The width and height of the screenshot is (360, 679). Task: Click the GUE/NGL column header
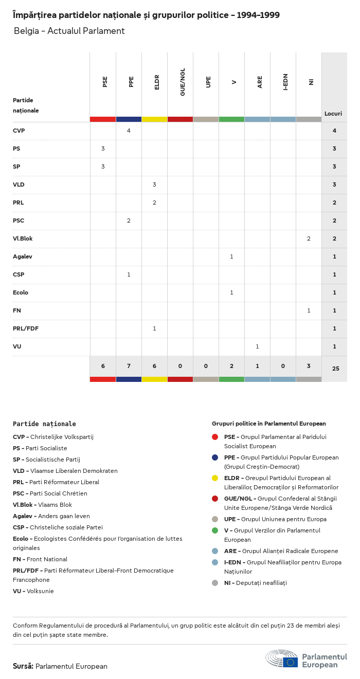coord(183,82)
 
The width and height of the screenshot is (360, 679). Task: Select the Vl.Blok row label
coord(23,238)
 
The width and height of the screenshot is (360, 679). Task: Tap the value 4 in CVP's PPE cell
coord(129,131)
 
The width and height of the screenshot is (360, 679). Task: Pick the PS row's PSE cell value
coord(103,149)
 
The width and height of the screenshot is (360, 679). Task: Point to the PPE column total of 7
coord(129,366)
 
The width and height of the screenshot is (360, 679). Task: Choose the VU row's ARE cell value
coord(257,346)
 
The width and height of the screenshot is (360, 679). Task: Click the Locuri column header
coord(333,114)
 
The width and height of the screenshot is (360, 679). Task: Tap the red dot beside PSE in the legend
coord(215,437)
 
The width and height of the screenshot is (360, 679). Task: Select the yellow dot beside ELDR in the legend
coord(215,478)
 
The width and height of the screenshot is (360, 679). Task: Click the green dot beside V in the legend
coord(215,530)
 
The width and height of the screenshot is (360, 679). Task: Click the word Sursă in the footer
coord(23,666)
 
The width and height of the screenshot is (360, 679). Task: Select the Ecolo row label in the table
coord(21,292)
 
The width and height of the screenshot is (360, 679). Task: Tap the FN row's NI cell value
coord(309,310)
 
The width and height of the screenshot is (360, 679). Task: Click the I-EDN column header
coord(285,82)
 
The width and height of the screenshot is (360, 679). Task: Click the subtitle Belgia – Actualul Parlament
coord(69,31)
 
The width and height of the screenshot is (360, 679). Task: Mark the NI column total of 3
coord(309,366)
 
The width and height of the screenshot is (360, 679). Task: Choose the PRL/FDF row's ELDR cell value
coord(154,328)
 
